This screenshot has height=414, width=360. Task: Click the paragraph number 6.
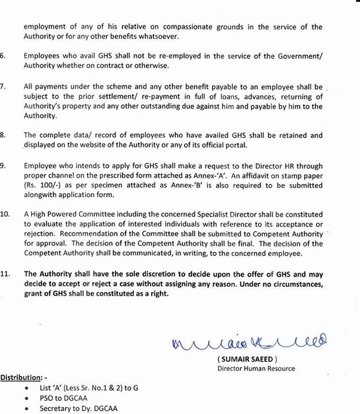3,56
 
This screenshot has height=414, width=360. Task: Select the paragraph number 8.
3,135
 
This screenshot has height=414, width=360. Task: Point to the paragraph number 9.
3,165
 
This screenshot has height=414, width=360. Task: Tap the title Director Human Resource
256,368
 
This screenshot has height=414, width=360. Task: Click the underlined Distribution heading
22,377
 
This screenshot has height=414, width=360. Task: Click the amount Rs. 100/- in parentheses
40,186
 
